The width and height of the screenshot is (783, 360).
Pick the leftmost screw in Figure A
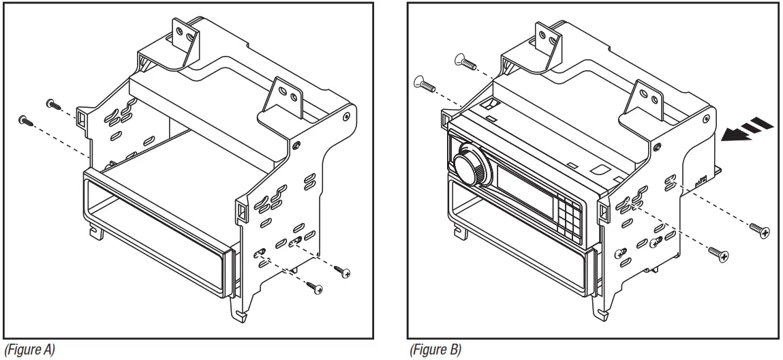click(26, 120)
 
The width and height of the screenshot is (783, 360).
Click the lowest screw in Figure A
click(315, 286)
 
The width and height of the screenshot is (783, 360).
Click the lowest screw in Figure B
click(719, 254)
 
